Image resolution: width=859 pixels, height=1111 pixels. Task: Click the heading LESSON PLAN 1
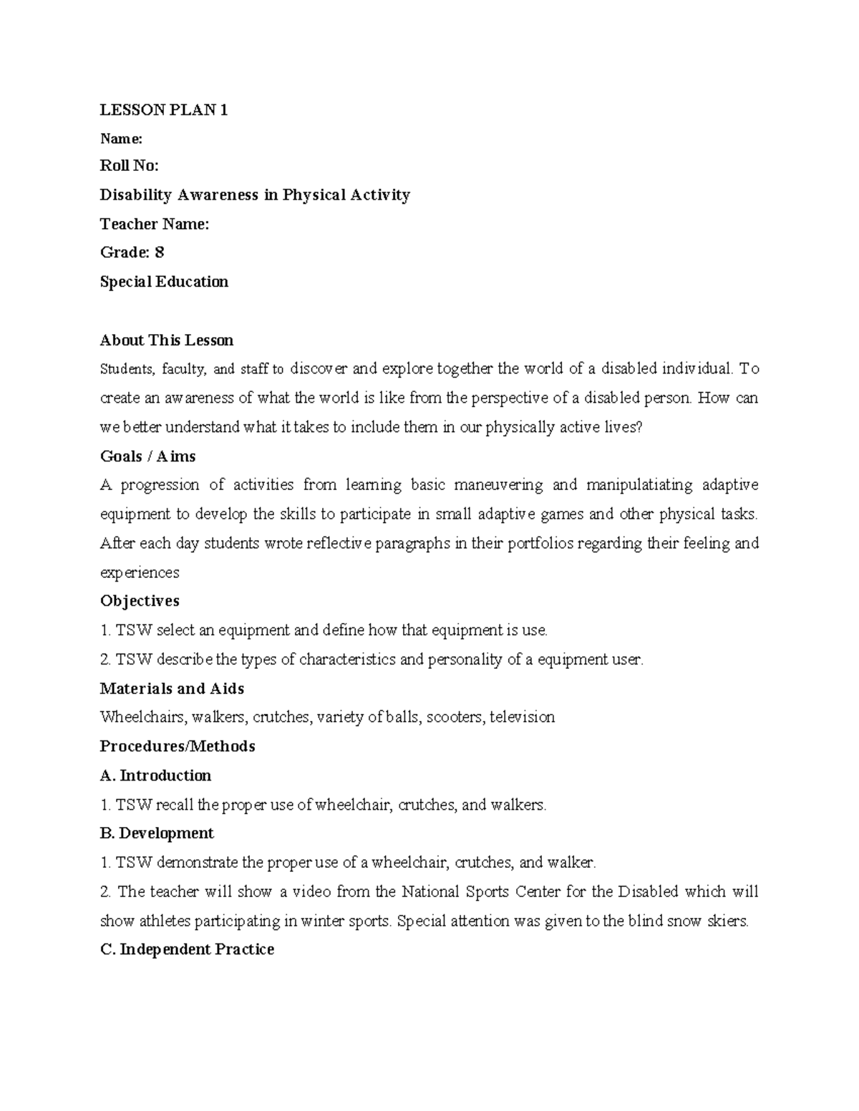point(163,109)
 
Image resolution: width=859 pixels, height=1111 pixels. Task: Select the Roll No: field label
point(129,166)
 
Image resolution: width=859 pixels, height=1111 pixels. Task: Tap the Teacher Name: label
point(154,224)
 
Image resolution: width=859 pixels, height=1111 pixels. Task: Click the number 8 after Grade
point(160,253)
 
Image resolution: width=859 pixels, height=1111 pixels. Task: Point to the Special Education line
point(164,282)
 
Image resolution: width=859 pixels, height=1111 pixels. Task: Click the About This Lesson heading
point(166,340)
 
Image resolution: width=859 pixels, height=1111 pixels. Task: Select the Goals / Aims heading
point(147,456)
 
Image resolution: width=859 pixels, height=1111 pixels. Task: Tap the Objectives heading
point(140,601)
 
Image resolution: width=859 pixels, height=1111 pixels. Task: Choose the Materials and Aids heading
point(172,688)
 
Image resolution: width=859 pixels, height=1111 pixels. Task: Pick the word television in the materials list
point(522,717)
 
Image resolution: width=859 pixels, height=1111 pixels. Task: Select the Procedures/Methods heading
point(178,746)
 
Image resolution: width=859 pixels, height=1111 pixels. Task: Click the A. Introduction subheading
point(155,775)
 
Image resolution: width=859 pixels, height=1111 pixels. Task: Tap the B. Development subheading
point(157,833)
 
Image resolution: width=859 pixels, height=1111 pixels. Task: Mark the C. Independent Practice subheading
point(187,949)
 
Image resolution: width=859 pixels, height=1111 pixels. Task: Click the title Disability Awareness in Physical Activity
point(255,195)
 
